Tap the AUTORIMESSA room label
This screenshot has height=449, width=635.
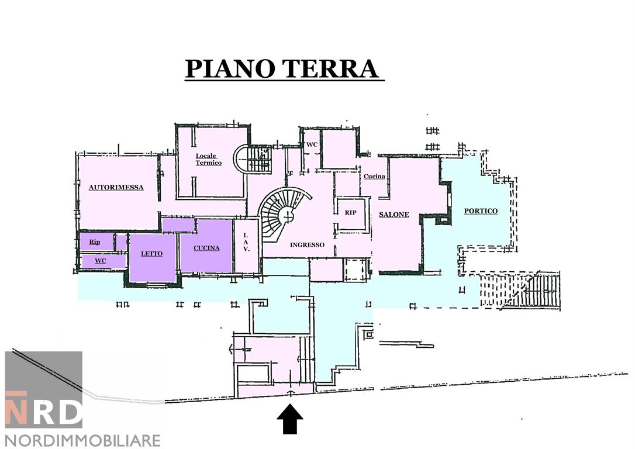[116, 188]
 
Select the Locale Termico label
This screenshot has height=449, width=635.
[208, 159]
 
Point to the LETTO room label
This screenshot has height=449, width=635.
[151, 254]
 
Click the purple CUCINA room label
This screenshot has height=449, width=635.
[206, 248]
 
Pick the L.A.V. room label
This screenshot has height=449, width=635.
[246, 241]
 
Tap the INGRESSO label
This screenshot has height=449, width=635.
[307, 245]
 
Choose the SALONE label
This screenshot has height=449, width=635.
[394, 215]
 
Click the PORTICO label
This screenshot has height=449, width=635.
[481, 211]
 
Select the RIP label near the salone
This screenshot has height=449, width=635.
[350, 213]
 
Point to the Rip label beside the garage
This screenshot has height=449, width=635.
[95, 241]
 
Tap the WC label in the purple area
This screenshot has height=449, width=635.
[101, 261]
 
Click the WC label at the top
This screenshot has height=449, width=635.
[312, 144]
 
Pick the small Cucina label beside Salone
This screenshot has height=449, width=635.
[374, 177]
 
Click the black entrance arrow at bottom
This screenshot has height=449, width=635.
[289, 420]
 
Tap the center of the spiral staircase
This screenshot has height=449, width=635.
[287, 216]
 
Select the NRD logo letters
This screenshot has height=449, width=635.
[44, 412]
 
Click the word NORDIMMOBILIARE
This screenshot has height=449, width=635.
[82, 440]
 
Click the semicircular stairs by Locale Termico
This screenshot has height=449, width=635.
[251, 159]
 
